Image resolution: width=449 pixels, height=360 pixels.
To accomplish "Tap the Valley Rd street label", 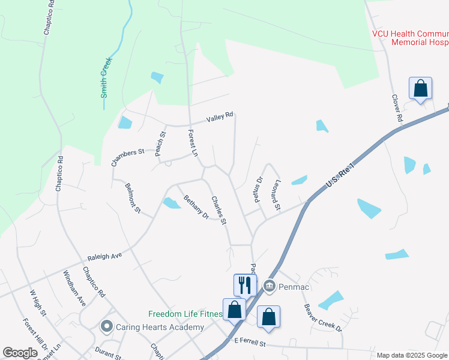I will coord(219,119).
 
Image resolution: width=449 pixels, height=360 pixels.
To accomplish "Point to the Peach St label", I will coord(160,144).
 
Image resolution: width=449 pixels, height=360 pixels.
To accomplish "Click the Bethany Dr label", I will coord(196,207).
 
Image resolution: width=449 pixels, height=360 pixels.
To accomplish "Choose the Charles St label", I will coord(218,211).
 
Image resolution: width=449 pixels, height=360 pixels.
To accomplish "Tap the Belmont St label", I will coord(133,199).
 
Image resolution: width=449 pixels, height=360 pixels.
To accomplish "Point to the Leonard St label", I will coord(277,196).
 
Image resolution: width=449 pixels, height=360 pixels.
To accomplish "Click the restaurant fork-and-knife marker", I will coord(245,284).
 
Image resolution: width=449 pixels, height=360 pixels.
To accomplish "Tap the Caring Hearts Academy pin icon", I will coord(107,327).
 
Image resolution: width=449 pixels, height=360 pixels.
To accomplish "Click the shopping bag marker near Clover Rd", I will coord(421,88).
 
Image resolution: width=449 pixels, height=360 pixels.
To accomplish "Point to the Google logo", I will coord(20,353).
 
